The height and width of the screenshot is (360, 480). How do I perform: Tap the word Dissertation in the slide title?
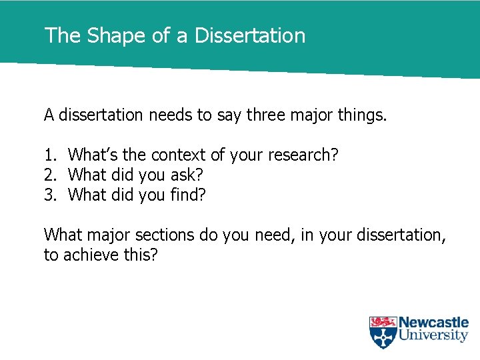point(250,35)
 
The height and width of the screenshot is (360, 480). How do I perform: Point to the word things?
point(362,115)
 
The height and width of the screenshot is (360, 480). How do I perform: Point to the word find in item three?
point(190,195)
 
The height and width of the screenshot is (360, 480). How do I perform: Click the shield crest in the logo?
point(383,332)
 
